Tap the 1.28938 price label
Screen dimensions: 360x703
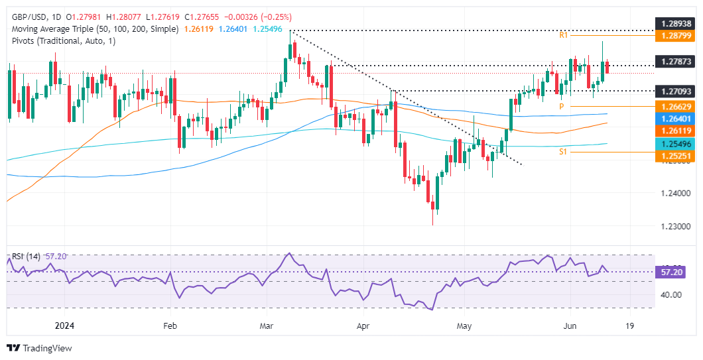tap(677, 23)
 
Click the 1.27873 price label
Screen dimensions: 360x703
tap(677, 61)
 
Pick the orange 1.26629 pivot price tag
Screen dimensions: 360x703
tap(677, 106)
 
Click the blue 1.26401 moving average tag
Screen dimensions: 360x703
tap(677, 119)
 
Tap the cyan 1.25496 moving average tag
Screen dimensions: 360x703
tap(677, 144)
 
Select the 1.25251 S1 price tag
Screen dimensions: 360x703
tap(677, 156)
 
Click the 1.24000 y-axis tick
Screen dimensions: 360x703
tap(677, 193)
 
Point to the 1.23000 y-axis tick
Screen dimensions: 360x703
tap(677, 226)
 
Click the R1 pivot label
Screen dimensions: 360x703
tap(563, 34)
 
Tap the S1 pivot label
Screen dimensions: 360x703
tap(563, 152)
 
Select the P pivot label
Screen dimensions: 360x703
tap(561, 106)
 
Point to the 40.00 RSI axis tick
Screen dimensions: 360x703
tap(674, 294)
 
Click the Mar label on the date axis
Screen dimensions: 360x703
tap(266, 326)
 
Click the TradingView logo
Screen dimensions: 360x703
tap(39, 348)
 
